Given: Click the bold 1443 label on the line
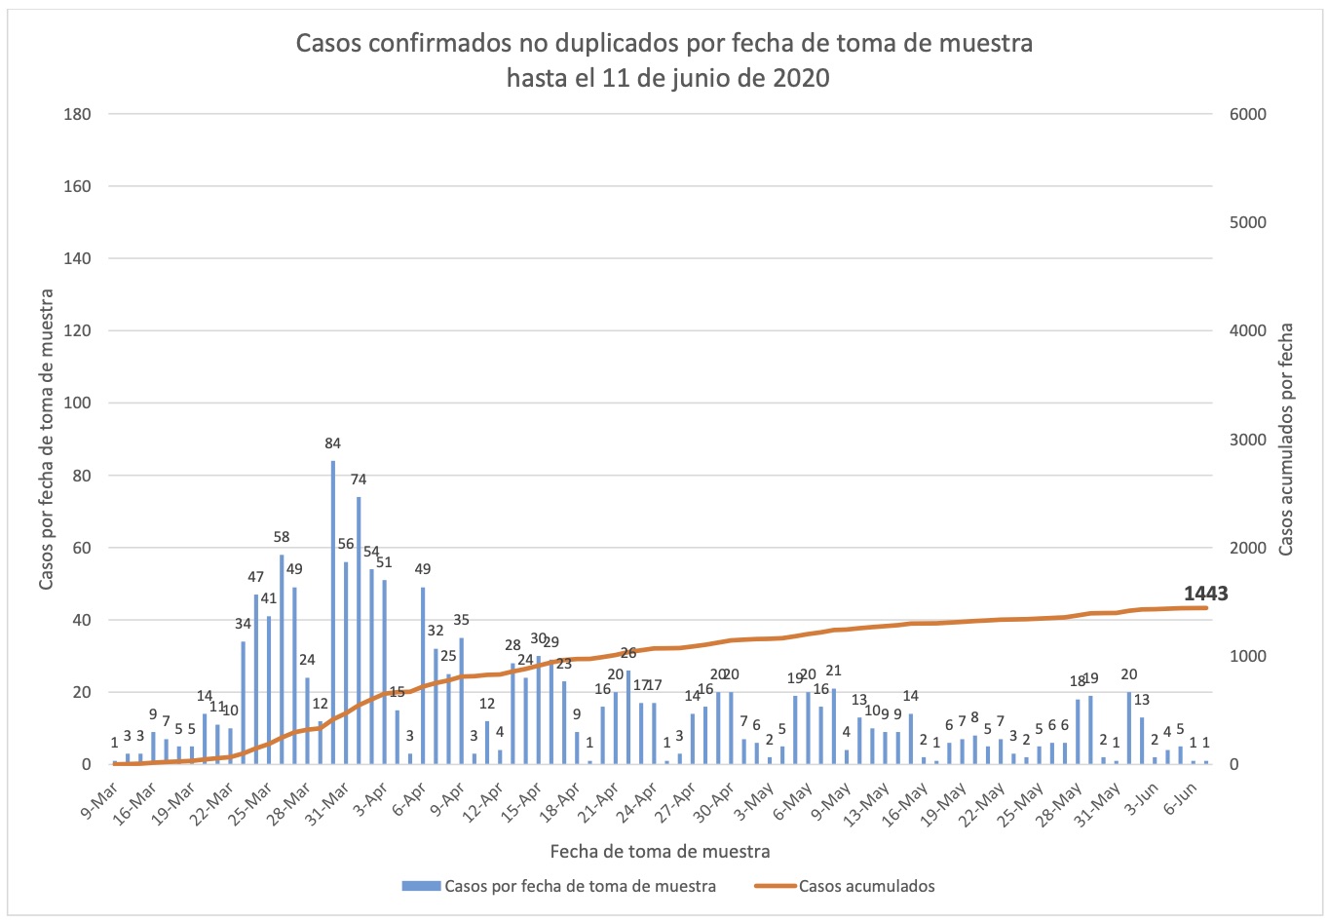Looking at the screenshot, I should [1205, 594].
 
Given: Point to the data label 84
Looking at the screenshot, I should [333, 443].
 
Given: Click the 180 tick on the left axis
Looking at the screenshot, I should [78, 114].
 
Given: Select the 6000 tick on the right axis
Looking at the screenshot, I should [1247, 114].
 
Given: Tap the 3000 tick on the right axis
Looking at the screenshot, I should [1247, 440].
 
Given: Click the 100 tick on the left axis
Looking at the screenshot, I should [78, 403].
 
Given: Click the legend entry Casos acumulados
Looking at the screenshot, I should [866, 886].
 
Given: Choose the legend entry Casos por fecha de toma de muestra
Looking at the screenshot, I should [580, 886].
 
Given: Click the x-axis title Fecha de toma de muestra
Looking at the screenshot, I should [660, 851].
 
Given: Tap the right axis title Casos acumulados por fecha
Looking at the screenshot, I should [1286, 440].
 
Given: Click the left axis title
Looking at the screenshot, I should [46, 440].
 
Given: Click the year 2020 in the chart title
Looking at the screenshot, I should [801, 78].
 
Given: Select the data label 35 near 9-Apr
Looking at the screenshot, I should [462, 620].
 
